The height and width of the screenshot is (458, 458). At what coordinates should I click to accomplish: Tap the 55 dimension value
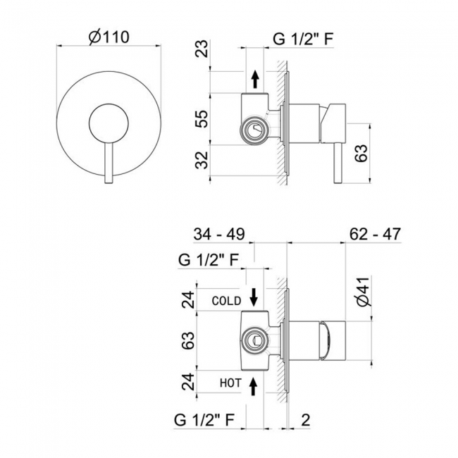tap(202, 119)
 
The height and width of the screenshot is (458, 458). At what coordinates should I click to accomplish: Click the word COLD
tap(226, 301)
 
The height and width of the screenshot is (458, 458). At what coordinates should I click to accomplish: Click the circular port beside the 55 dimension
tap(252, 130)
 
